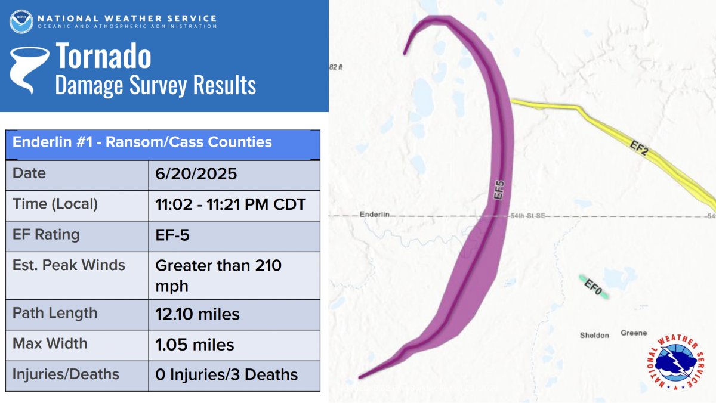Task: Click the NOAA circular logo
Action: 21,21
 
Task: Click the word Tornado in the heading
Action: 103,55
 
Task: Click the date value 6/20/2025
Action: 196,173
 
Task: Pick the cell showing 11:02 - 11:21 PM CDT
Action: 230,204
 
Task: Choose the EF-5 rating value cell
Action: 172,235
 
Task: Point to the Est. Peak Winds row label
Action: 69,265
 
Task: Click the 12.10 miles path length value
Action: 197,314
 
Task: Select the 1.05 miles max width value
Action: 195,345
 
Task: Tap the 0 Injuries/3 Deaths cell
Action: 226,375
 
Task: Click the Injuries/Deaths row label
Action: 66,375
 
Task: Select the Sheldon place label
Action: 594,336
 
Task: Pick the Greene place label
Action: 634,333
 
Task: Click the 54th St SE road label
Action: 527,216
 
